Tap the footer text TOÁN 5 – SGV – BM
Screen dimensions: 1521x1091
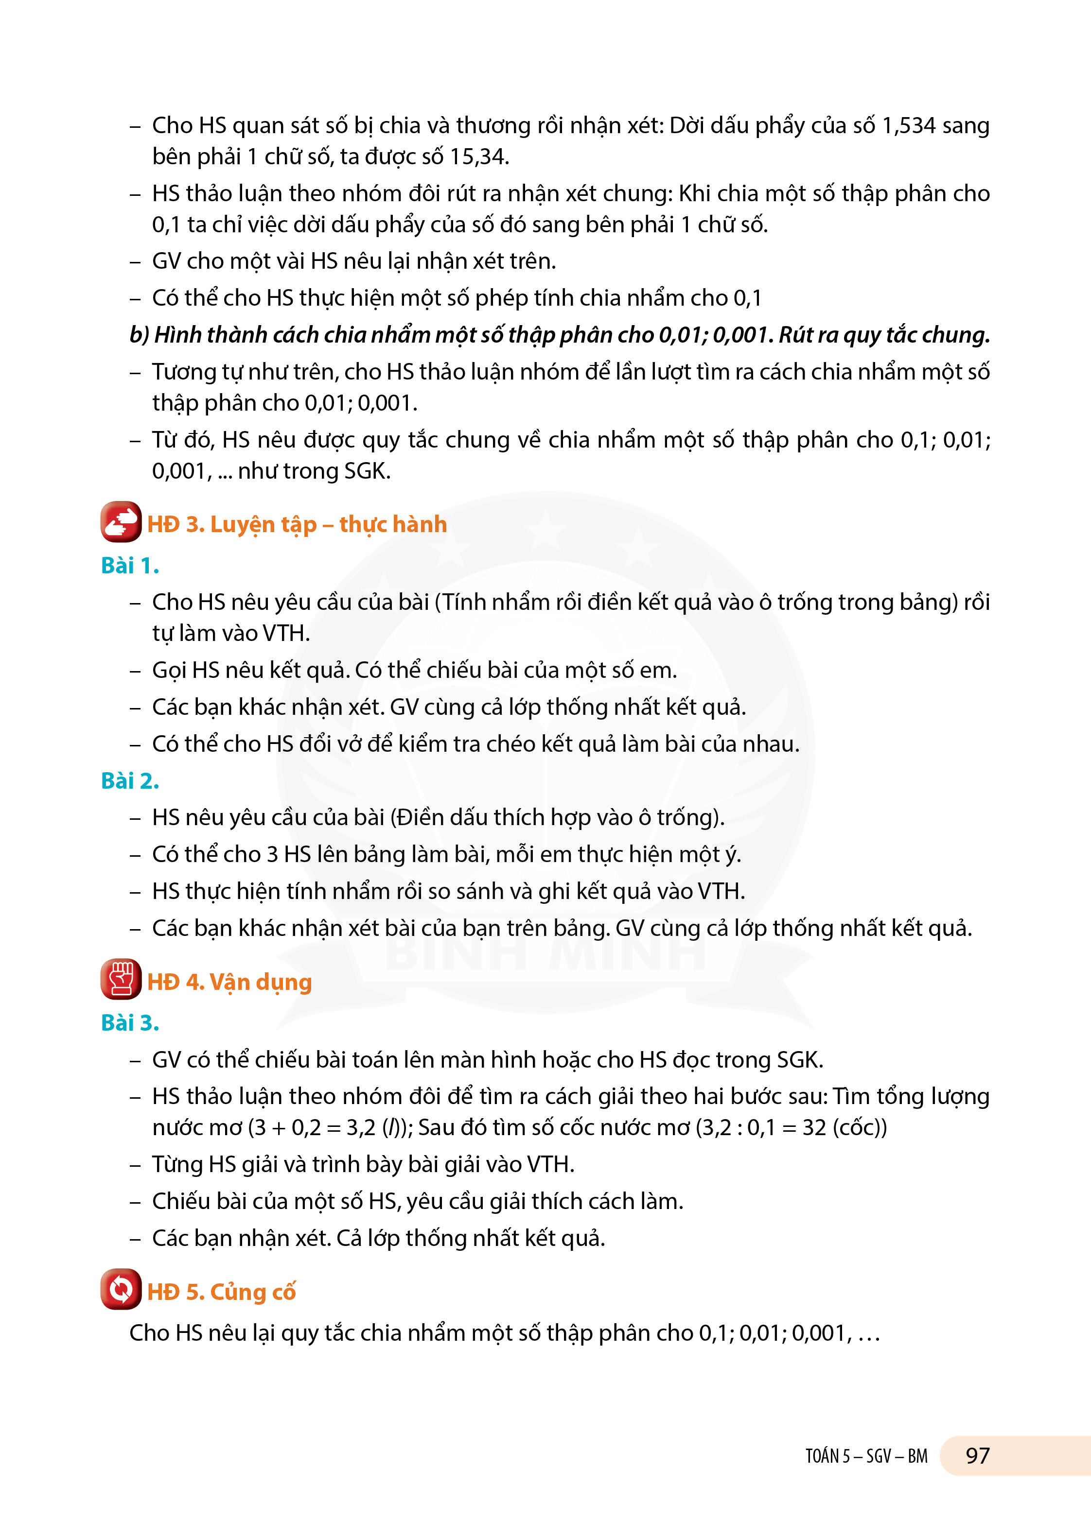click(x=866, y=1456)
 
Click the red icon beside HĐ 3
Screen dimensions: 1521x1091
click(x=121, y=522)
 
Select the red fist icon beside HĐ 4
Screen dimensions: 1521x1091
click(x=121, y=980)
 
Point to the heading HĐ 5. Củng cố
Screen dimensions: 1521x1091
click(x=221, y=1292)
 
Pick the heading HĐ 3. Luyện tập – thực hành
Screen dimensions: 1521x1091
click(x=297, y=524)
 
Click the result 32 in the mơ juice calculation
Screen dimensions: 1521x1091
click(x=814, y=1127)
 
